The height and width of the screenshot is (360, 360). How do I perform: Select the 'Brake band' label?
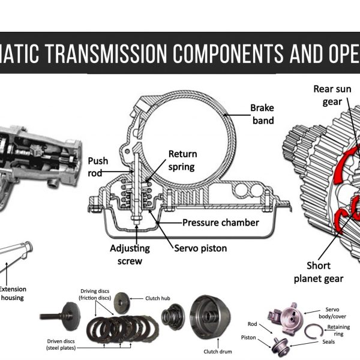click(262, 114)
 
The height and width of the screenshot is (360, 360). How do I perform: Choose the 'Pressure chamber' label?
click(220, 223)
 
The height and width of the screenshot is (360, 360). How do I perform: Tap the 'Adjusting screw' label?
click(130, 253)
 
